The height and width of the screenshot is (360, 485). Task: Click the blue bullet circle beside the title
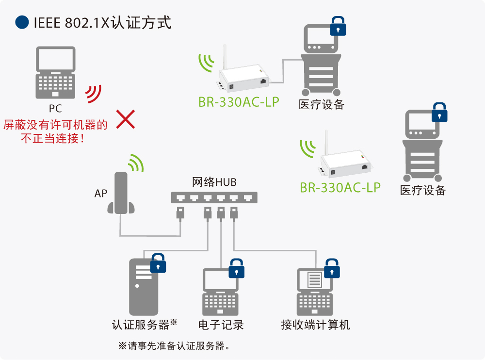pos(22,22)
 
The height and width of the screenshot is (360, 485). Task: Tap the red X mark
pos(126,119)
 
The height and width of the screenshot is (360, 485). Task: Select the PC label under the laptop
pos(55,108)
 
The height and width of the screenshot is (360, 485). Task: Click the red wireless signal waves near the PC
pos(94,94)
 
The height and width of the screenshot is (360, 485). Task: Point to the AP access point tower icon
pos(121,193)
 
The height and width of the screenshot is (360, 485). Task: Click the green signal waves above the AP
pos(136,163)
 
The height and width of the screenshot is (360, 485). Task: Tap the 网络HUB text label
pos(214,182)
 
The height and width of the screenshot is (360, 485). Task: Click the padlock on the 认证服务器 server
pos(158,263)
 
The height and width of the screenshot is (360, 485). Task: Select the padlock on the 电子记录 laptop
pos(237,268)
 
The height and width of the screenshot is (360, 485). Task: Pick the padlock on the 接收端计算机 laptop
pos(332,268)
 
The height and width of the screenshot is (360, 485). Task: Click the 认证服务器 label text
pos(141,325)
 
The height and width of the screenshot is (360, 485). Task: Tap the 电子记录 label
pos(221,325)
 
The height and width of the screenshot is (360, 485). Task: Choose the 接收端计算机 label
pos(316,325)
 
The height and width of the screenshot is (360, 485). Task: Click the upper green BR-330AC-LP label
pos(239,102)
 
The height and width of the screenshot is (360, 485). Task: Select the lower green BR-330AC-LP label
pos(340,188)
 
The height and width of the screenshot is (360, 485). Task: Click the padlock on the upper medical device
pos(338,26)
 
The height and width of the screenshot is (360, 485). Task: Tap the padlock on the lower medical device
pos(439,112)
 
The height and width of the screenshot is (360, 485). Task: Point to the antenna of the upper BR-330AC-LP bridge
pos(225,57)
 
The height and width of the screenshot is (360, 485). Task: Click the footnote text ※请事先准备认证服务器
pos(174,346)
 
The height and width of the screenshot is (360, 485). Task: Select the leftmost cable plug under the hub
pos(180,213)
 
